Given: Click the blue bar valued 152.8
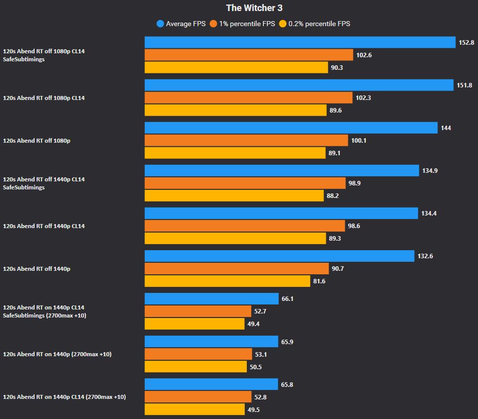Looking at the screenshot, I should (300, 43).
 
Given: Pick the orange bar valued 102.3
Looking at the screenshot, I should (248, 98).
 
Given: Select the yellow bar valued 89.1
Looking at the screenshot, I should (235, 153).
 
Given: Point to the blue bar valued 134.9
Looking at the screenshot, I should (281, 171).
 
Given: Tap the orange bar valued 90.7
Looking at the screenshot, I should (236, 269).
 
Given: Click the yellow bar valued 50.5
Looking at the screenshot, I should (196, 367).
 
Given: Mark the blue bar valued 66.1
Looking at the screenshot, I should (211, 299).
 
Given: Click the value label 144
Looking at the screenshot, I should (446, 128).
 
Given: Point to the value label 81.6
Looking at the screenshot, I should (319, 281).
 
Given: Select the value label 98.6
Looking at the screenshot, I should (354, 226).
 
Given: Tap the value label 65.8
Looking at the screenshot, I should (288, 384).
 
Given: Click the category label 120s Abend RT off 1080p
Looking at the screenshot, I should (37, 141).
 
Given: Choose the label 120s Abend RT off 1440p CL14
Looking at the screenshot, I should (44, 226).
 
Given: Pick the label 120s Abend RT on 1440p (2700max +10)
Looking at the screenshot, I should (57, 354).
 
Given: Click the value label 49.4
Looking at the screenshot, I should (253, 324).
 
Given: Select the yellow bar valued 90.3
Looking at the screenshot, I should (236, 67).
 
